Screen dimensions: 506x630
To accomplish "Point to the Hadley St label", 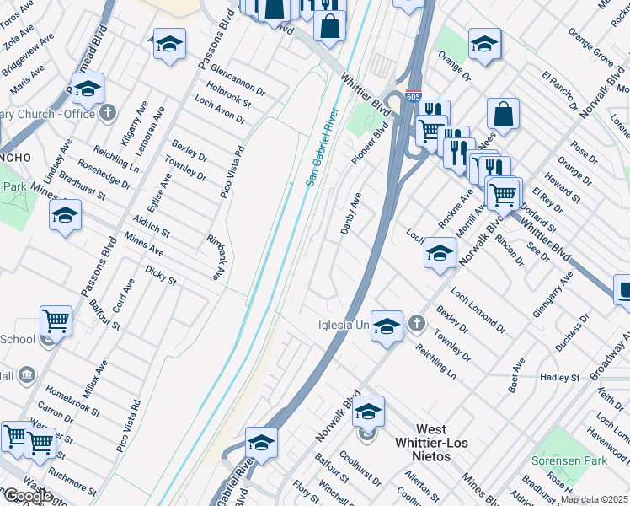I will (x=560, y=379).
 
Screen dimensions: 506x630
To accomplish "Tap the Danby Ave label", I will (x=350, y=213).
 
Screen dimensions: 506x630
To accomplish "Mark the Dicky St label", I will (x=160, y=275).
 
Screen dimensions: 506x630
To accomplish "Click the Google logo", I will (x=28, y=496).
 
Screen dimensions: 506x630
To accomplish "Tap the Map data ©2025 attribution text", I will (x=595, y=499).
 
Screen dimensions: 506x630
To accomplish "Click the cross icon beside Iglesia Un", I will (x=416, y=324).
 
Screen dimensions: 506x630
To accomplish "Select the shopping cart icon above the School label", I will (x=56, y=320).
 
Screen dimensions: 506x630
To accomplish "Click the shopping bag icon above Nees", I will (x=503, y=114).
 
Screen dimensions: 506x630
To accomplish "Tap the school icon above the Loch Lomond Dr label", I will (x=439, y=252).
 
